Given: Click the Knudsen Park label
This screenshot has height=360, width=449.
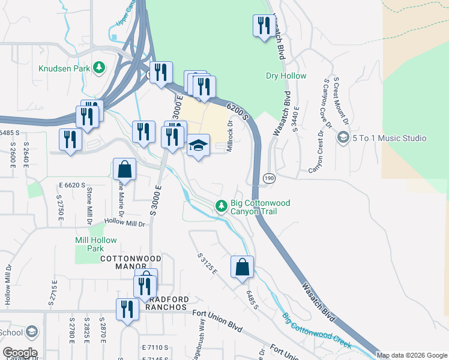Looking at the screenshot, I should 65,68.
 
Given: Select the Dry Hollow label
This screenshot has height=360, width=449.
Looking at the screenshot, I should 286,76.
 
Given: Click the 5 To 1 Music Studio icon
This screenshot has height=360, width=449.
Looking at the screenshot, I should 343,138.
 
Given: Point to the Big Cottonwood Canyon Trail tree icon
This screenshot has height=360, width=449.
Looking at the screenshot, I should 221,206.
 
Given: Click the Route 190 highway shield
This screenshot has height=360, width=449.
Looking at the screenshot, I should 269,178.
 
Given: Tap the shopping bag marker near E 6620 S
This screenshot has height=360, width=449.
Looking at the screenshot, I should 124,169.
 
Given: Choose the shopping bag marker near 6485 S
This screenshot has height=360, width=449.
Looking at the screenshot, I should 242,267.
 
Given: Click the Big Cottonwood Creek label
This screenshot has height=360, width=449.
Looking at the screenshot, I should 316,331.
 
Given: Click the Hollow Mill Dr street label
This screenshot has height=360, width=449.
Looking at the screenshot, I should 124,224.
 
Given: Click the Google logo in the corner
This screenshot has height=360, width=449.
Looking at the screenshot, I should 20,353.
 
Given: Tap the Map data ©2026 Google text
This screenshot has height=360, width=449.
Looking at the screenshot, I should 412,355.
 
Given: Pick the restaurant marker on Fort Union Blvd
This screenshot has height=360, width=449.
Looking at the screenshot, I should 127,310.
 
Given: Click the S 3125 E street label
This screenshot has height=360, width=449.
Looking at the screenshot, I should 206,265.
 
